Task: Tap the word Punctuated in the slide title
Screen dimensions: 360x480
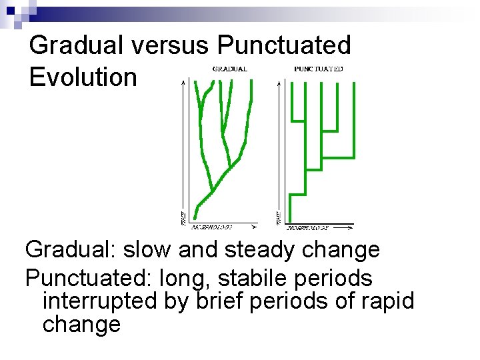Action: pos(284,45)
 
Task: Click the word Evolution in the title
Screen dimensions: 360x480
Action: pos(83,77)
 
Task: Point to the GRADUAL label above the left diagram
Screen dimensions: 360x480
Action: pos(230,69)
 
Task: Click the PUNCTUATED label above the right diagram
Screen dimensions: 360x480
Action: pos(319,69)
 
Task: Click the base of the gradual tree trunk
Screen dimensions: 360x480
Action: pos(194,218)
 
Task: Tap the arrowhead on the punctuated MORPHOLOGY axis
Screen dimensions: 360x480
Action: pos(350,227)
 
